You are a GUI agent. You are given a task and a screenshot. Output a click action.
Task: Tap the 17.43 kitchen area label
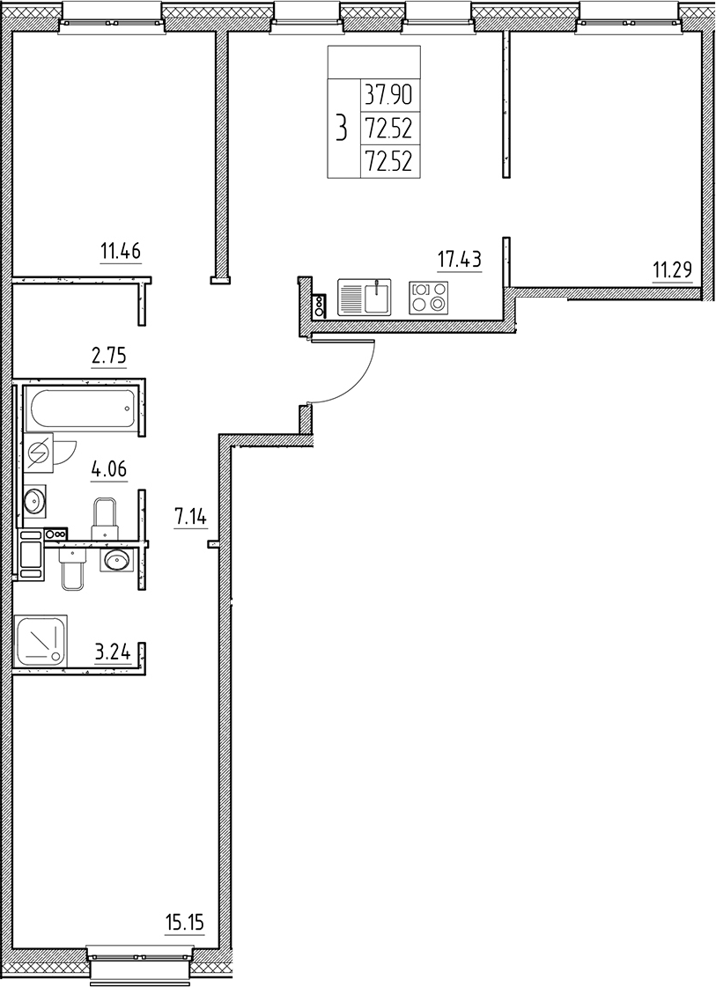click(x=459, y=259)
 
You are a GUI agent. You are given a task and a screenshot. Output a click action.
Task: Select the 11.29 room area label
click(x=672, y=269)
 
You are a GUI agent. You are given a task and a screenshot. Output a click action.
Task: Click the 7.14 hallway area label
click(x=190, y=518)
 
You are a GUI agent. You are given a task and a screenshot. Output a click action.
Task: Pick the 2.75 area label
click(x=110, y=357)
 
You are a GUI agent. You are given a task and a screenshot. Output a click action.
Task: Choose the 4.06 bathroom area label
click(x=109, y=468)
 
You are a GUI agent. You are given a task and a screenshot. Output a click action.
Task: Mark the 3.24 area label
click(x=113, y=652)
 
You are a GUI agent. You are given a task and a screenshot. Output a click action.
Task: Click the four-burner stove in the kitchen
click(x=429, y=297)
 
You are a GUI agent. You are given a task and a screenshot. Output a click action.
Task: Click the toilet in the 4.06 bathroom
click(x=105, y=518)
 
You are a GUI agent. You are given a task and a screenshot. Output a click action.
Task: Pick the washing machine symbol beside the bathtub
click(x=38, y=453)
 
